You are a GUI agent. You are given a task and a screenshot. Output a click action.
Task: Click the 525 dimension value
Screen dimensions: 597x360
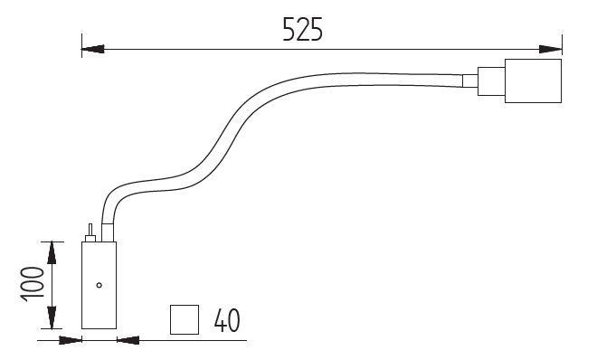point(303,29)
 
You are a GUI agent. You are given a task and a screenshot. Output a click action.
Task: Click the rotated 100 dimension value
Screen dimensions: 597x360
point(33,284)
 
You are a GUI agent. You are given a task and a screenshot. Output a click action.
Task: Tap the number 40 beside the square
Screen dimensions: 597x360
point(227,320)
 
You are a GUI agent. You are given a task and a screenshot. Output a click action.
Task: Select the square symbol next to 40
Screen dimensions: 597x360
point(185,319)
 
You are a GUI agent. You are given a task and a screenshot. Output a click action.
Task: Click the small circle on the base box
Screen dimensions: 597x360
point(99,285)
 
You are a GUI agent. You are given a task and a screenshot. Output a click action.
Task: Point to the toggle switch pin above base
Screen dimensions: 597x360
point(90,230)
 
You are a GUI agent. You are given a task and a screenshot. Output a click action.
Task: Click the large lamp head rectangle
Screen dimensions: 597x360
point(533,81)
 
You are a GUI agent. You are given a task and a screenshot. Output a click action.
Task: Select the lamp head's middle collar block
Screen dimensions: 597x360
point(491,81)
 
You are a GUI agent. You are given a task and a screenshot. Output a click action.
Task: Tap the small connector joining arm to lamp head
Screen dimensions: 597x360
point(469,81)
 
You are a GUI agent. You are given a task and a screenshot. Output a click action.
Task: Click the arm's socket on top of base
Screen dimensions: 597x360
point(108,232)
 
